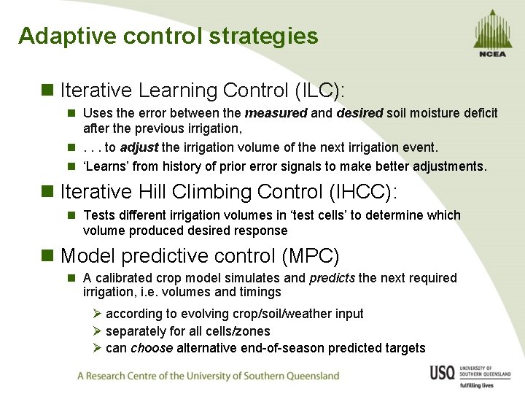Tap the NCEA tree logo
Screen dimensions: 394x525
(x=493, y=32)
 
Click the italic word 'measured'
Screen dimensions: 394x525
(x=276, y=113)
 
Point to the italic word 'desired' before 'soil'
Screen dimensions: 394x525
(x=359, y=113)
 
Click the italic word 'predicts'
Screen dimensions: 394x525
(x=332, y=278)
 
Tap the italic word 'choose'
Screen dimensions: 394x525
(x=152, y=348)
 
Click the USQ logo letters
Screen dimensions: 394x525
(x=443, y=373)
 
